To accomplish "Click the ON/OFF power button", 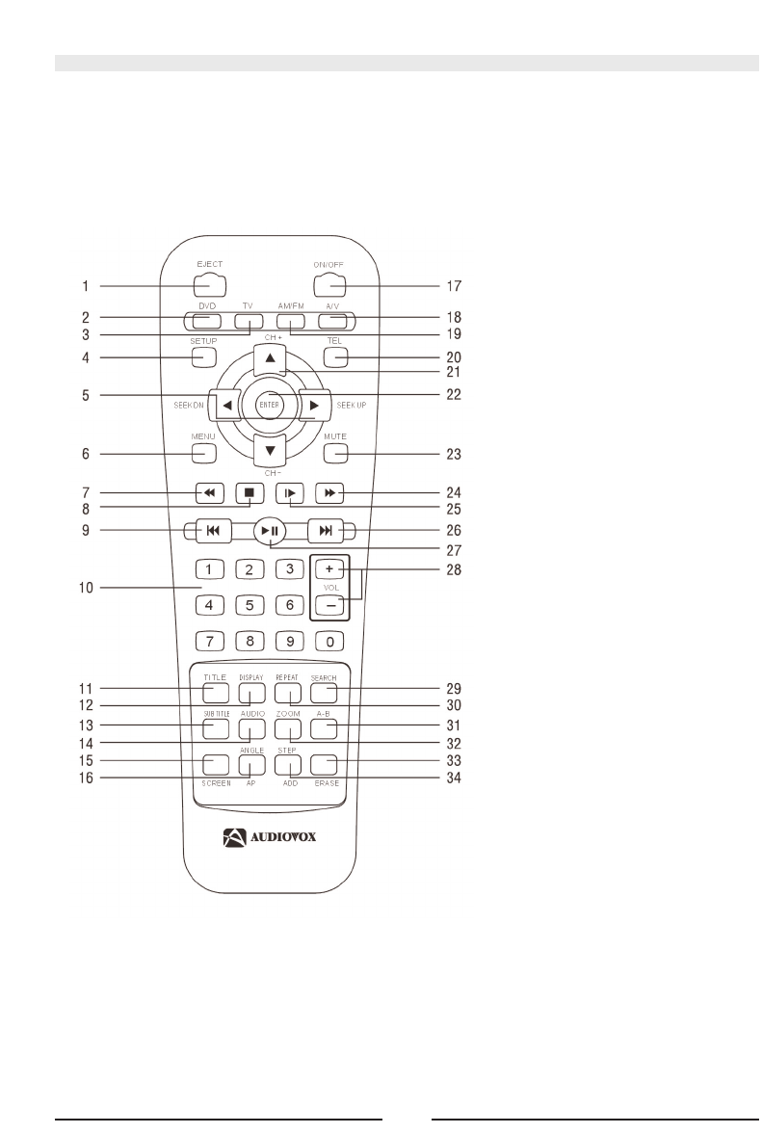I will point(328,285).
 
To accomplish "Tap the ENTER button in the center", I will point(269,406).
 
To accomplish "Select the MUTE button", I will point(334,453).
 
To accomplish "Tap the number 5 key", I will point(249,606).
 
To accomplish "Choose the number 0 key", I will point(328,639).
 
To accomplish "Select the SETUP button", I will point(203,356).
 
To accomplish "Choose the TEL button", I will point(334,356).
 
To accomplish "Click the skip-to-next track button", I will point(326,530).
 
